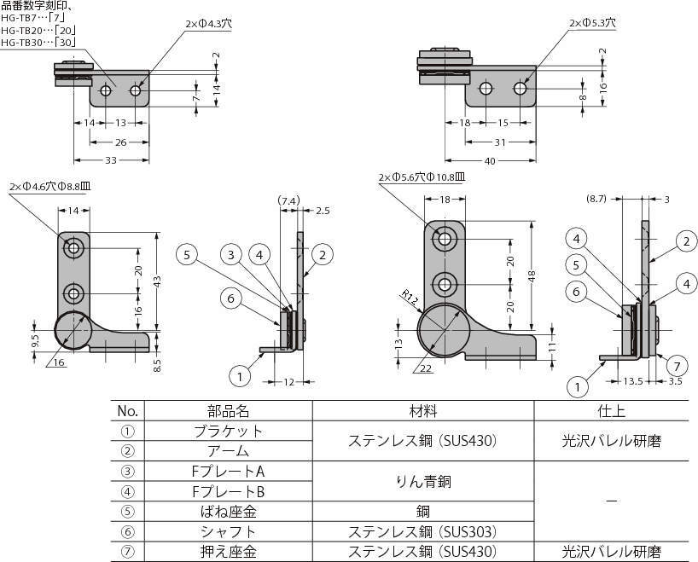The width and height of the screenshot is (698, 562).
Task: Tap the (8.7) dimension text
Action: click(x=597, y=198)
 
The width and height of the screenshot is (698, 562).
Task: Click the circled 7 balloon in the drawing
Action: click(x=674, y=367)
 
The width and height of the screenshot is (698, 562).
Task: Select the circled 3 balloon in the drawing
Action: click(x=230, y=253)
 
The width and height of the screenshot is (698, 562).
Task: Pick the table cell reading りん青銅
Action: click(x=423, y=482)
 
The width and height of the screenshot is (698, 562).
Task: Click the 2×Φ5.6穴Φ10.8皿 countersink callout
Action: click(x=421, y=177)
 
